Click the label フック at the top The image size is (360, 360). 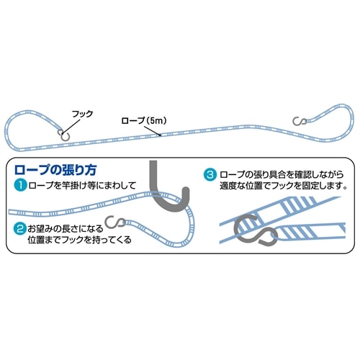click(x=82, y=114)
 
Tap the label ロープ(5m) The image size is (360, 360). click(x=144, y=120)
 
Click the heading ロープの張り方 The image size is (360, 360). click(x=55, y=170)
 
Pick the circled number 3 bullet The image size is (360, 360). click(x=210, y=174)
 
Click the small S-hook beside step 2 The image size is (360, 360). click(x=116, y=222)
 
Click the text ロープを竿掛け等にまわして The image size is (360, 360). click(x=82, y=186)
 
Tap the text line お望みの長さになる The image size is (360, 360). click(x=66, y=229)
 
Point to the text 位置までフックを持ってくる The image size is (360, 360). click(x=79, y=240)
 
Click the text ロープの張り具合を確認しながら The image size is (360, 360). click(x=282, y=174)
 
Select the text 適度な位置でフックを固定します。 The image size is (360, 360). click(x=284, y=186)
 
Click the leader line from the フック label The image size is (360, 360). click(x=71, y=126)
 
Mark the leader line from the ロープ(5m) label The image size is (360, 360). click(x=152, y=130)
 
